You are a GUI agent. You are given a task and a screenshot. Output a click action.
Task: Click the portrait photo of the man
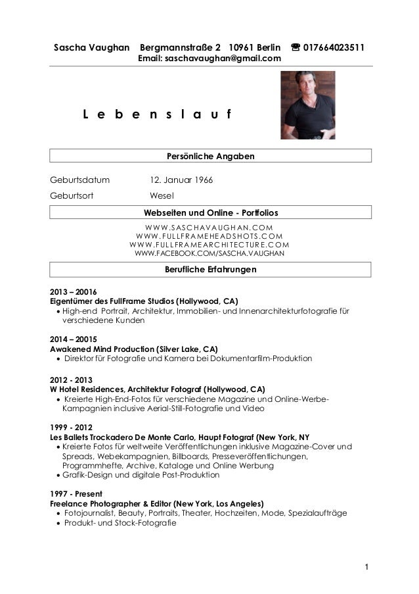[x=307, y=105]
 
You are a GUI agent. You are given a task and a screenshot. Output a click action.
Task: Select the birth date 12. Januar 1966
[x=183, y=180]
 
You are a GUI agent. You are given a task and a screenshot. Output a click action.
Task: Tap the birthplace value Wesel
[x=162, y=196]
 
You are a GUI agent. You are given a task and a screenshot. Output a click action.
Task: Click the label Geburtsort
[x=72, y=196]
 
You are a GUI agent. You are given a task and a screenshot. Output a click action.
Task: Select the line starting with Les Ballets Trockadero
[x=180, y=437]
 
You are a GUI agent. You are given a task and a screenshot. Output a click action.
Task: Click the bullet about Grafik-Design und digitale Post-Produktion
[x=141, y=475]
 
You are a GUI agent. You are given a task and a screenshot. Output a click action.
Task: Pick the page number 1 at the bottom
[x=366, y=567]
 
